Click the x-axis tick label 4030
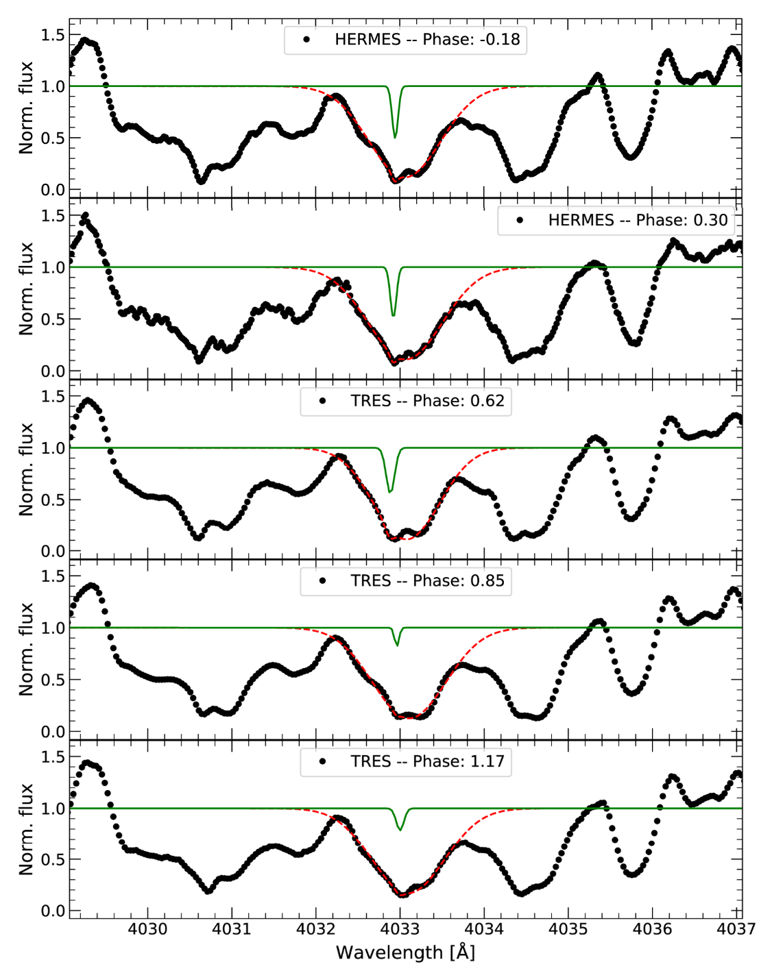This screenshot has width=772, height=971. [x=147, y=929]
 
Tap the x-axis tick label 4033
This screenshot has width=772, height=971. [x=400, y=929]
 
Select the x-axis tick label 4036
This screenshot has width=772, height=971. [x=652, y=929]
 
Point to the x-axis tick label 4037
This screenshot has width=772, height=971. [x=736, y=929]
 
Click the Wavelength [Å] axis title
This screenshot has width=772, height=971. [x=405, y=952]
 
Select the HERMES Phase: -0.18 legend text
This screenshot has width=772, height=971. [x=427, y=40]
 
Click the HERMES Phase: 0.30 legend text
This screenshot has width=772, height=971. [x=638, y=220]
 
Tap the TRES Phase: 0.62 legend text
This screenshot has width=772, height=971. [x=427, y=401]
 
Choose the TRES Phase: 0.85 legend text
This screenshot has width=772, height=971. [x=427, y=581]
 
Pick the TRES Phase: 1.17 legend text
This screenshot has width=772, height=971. [x=427, y=761]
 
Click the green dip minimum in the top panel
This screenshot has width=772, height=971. [x=394, y=137]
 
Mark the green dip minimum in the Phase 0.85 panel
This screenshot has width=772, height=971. [x=397, y=645]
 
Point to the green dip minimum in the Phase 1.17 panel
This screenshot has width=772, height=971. [x=400, y=830]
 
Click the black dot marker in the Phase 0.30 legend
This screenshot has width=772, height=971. [x=520, y=220]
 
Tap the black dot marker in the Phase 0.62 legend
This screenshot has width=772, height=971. [x=322, y=401]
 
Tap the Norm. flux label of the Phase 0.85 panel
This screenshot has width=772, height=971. [x=26, y=649]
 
